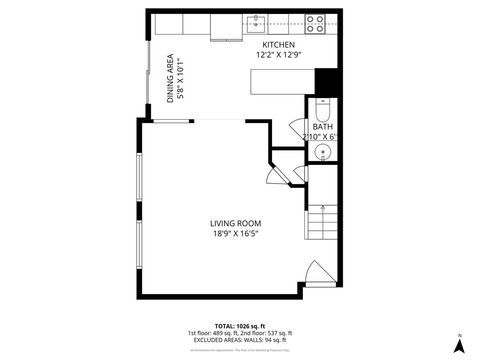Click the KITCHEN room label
pos(279,46)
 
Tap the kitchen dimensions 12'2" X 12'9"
pos(279,56)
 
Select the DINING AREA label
pos(171,78)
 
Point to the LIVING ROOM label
pos(235,223)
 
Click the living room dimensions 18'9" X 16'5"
pos(235,234)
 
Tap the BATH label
pos(322,127)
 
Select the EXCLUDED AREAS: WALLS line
pos(240,340)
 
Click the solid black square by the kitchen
pos(325,81)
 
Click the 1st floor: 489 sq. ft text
pos(212,333)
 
